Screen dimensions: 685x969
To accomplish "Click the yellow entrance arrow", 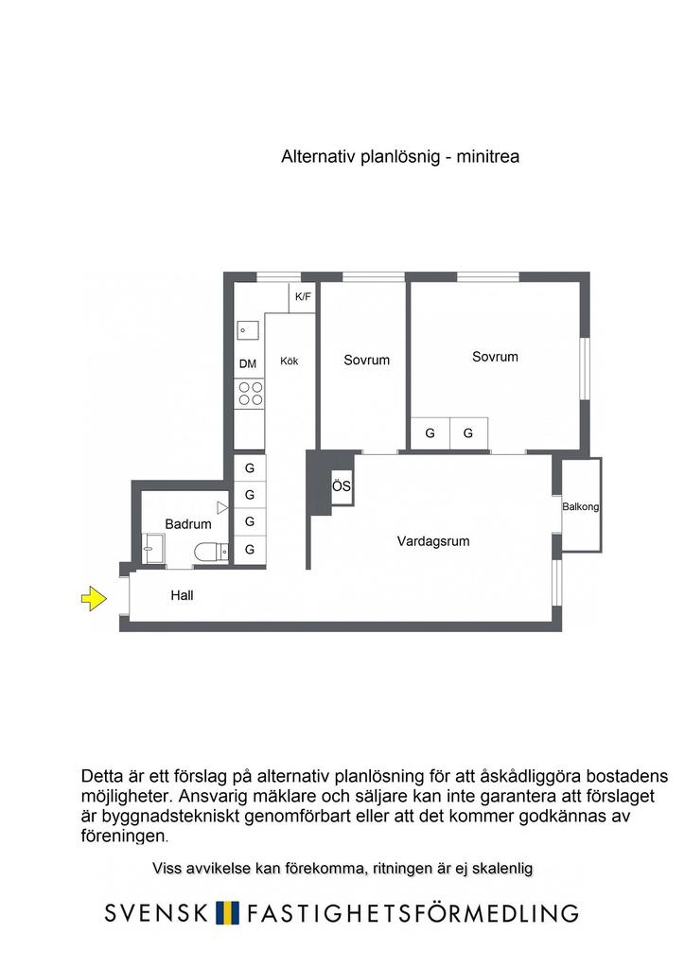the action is click(x=92, y=598).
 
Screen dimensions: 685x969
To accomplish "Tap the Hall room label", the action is click(x=182, y=596).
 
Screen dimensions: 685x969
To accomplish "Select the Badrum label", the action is click(x=187, y=523).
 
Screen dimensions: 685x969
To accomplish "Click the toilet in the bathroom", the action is click(x=208, y=551).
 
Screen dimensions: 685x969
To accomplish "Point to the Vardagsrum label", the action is click(x=433, y=542).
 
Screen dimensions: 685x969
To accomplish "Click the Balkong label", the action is click(x=581, y=507).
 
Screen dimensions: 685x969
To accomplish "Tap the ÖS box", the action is click(x=342, y=487).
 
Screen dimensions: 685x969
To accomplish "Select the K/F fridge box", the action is click(x=303, y=297).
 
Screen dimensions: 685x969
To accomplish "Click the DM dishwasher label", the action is click(x=248, y=363).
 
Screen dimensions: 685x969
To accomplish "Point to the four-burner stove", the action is click(x=251, y=394).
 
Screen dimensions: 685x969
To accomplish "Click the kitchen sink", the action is click(x=249, y=330).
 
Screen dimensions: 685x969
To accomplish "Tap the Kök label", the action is click(x=290, y=361).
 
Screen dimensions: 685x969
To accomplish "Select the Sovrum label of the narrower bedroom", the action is click(x=366, y=360).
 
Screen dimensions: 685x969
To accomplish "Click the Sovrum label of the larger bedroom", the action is click(x=495, y=357).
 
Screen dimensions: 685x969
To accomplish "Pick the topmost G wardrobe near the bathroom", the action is click(x=250, y=468).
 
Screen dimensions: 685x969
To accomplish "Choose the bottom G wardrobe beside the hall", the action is click(x=250, y=549).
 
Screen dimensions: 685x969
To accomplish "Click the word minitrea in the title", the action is click(x=488, y=157).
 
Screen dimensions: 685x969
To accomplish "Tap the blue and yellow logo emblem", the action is click(x=226, y=913).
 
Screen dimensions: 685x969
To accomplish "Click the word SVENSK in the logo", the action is click(x=156, y=913).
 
